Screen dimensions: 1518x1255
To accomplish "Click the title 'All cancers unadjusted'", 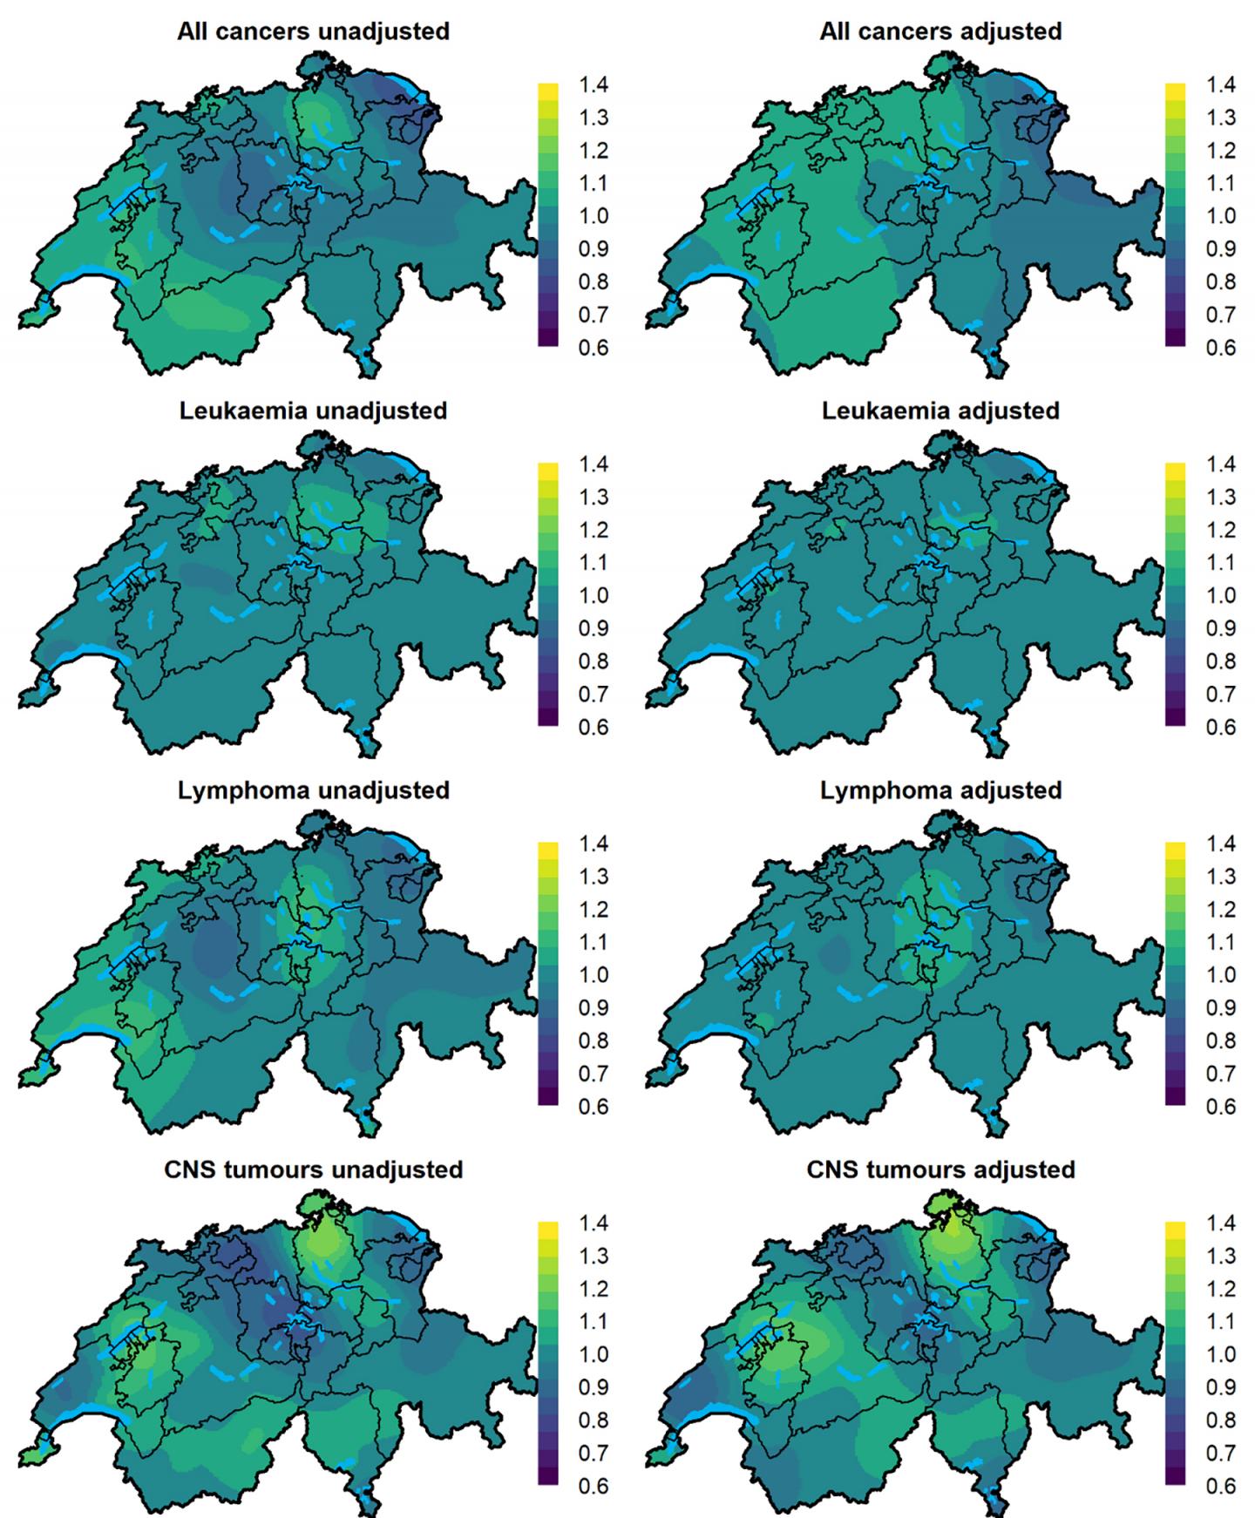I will point(313,31).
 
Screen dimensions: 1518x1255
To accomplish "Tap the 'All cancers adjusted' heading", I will point(940,31).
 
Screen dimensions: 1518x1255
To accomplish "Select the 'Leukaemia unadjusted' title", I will point(313,410).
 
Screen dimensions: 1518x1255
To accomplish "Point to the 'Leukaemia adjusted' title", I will point(940,410).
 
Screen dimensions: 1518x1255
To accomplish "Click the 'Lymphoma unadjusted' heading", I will point(313,790).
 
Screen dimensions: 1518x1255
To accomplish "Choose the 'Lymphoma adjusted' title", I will point(940,790).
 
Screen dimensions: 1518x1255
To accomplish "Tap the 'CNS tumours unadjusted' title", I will point(313,1169).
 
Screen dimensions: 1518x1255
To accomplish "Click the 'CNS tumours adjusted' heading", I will point(940,1169).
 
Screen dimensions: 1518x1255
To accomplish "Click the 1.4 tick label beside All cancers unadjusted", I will point(594,85).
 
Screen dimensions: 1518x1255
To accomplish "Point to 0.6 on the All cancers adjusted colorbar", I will point(1220,348).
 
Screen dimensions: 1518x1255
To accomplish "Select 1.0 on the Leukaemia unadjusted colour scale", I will point(594,595).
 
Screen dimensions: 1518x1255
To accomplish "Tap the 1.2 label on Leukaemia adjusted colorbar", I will point(1220,530).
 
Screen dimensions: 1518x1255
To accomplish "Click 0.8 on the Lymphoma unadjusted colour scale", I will point(594,1040).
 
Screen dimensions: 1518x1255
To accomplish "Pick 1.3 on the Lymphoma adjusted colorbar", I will point(1220,877).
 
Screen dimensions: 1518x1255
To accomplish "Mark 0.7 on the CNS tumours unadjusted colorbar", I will point(594,1453).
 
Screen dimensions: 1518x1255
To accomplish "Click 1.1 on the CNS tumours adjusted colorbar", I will point(1220,1322).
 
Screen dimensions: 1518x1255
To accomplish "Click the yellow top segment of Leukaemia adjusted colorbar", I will point(1175,471).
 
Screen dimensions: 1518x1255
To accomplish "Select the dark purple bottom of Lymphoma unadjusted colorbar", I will point(548,1097).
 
